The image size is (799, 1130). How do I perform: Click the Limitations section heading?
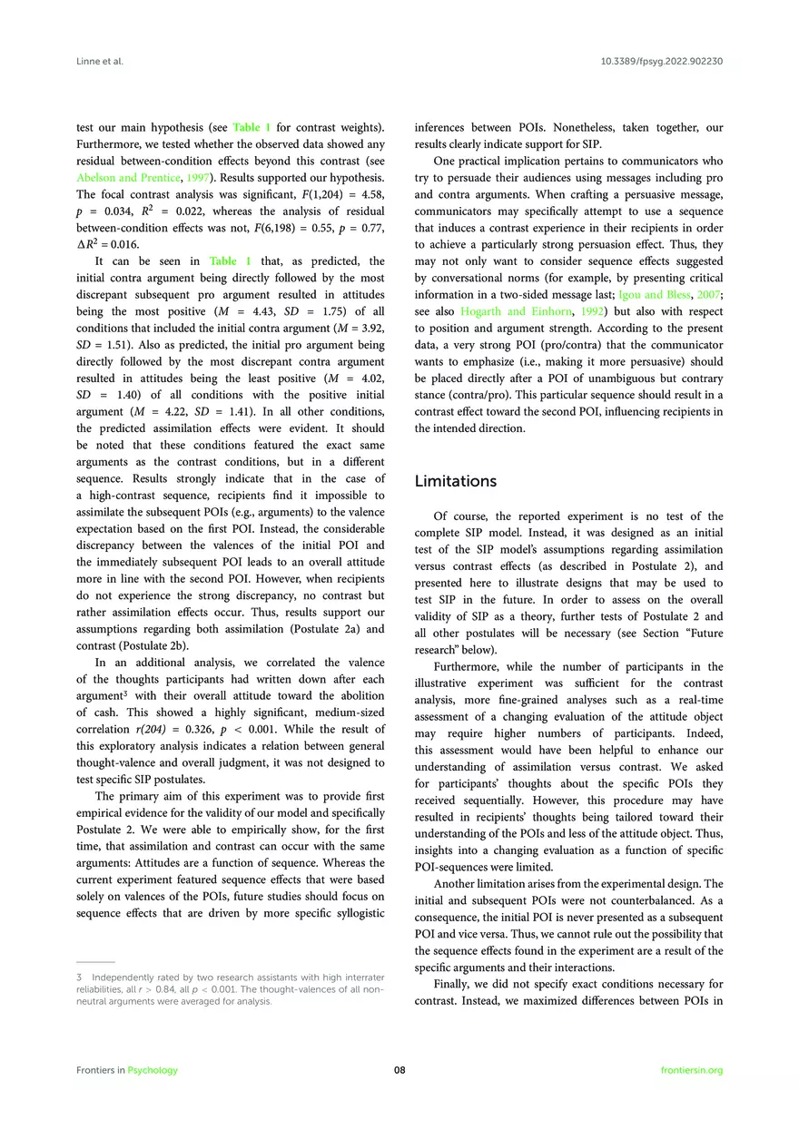(456, 481)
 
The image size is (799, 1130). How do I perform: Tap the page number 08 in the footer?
(399, 1070)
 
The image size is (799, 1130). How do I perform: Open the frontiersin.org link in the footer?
(693, 1070)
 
